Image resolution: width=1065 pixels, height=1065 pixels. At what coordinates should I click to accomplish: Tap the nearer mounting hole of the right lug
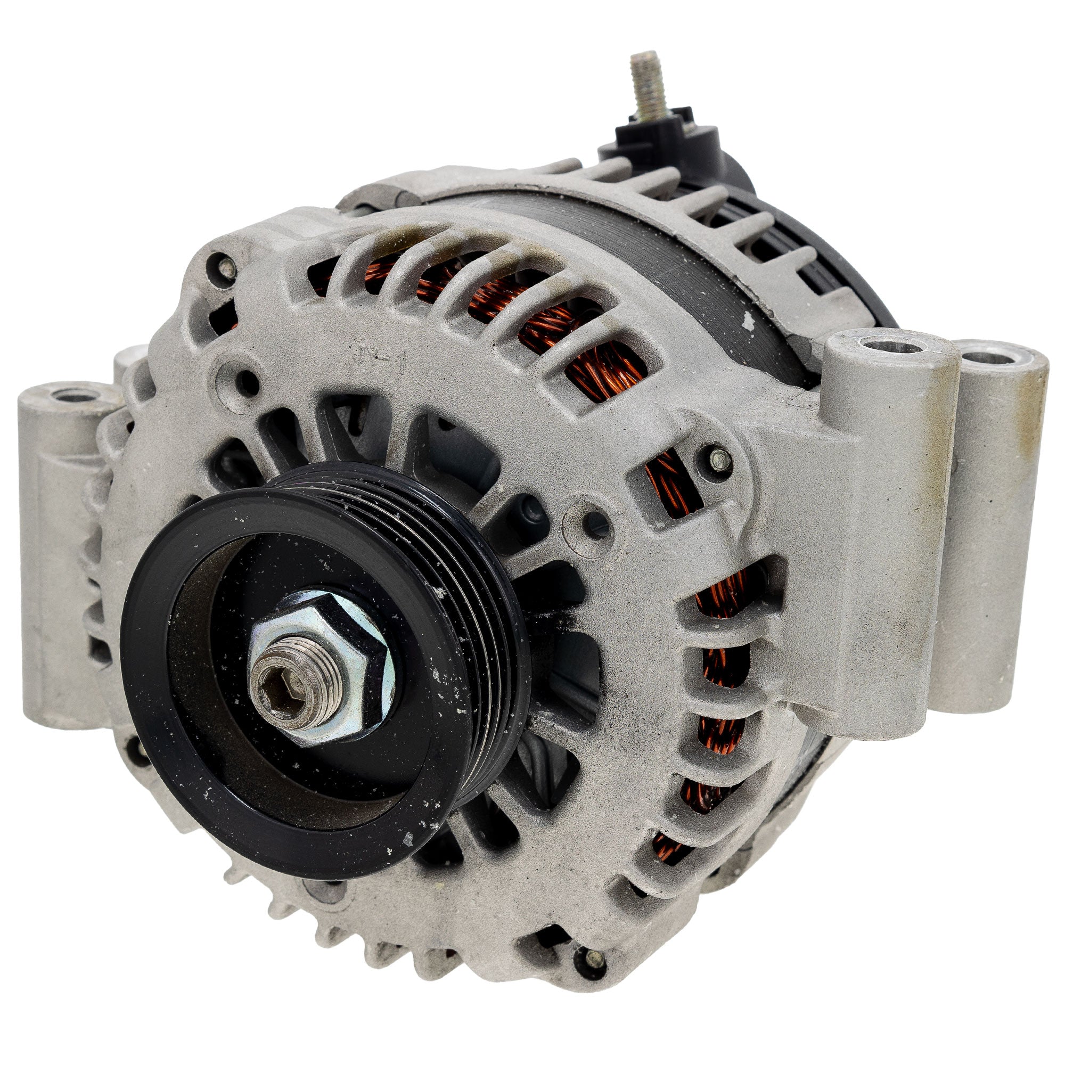pos(891,347)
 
